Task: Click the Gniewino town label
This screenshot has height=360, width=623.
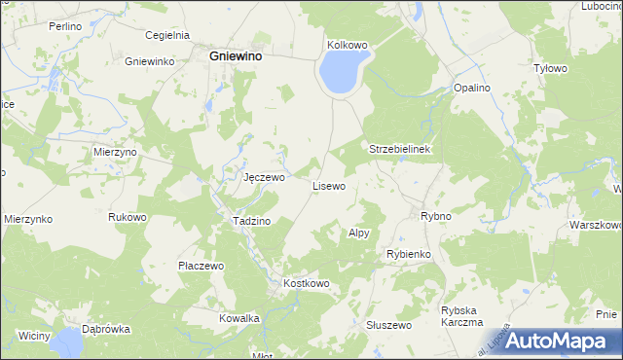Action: [239, 56]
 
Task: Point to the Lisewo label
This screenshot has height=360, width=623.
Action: [328, 185]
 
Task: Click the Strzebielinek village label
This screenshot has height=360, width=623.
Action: [406, 149]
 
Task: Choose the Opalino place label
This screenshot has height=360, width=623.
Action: [472, 88]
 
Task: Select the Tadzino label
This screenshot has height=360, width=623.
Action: [251, 221]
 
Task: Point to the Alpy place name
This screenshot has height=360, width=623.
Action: [359, 234]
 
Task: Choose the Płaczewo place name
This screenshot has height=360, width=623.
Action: [202, 266]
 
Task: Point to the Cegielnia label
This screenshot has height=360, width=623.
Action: [165, 35]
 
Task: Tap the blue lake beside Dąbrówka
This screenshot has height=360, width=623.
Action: [67, 342]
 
